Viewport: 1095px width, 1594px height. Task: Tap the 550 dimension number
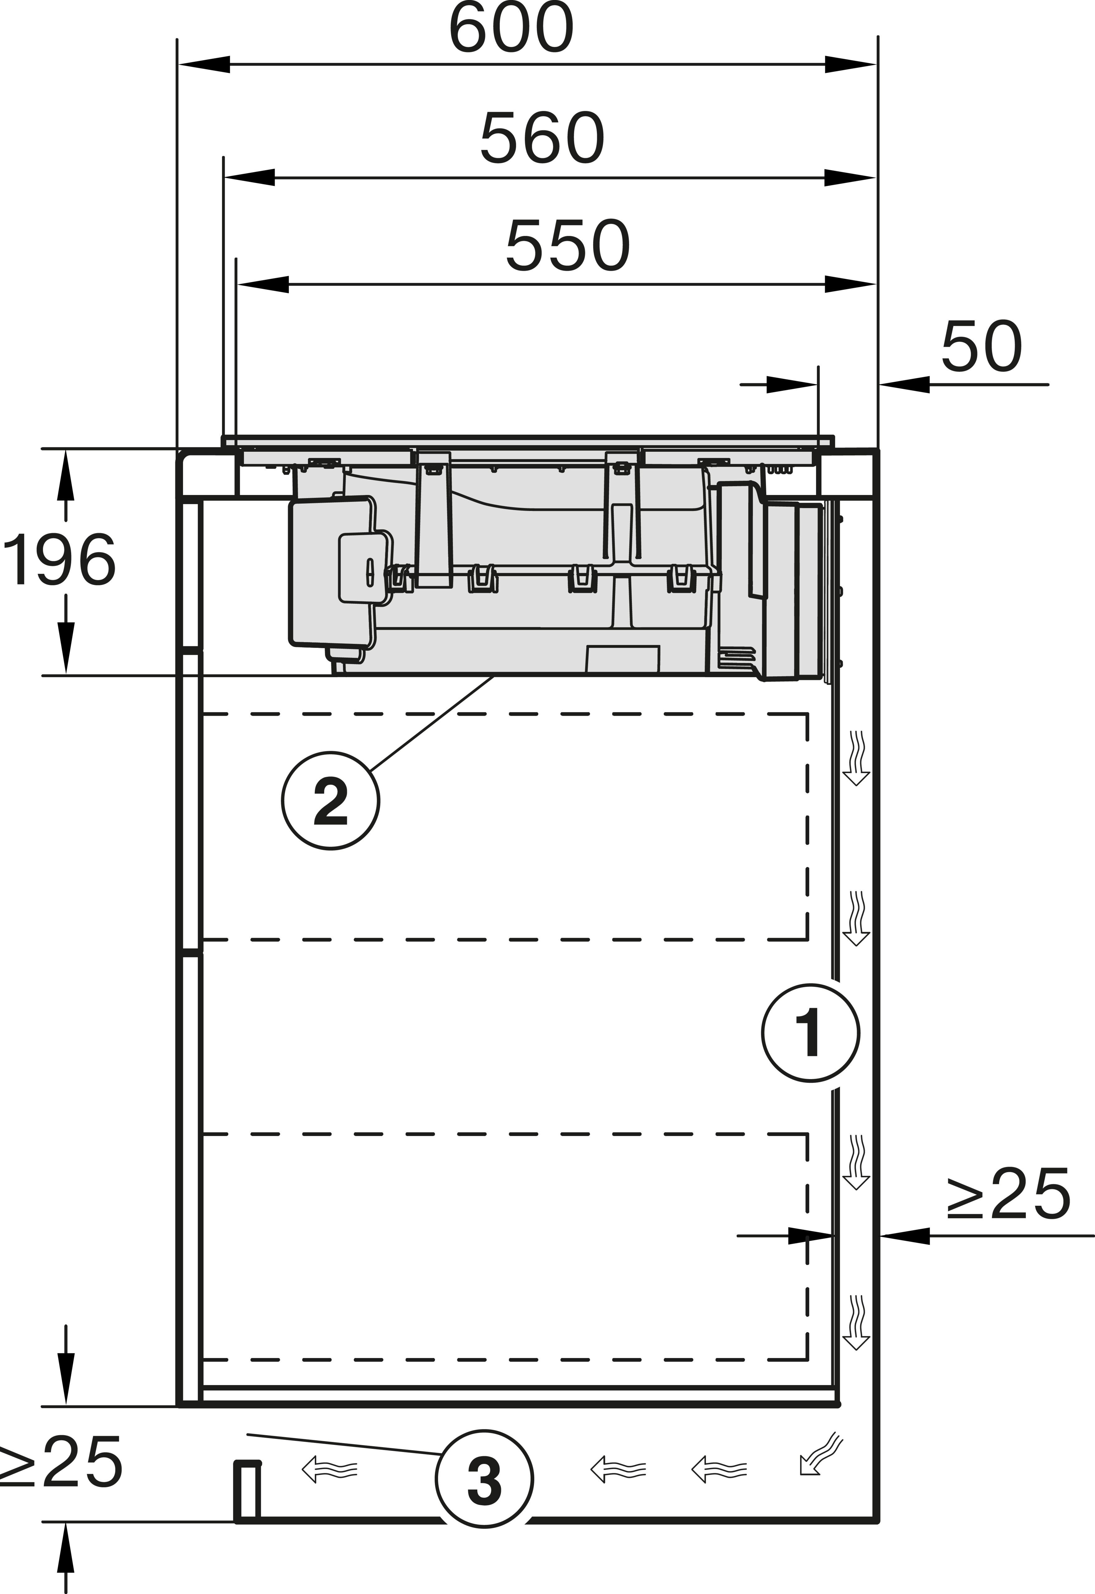coord(567,246)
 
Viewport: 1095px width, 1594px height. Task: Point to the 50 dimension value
coord(981,347)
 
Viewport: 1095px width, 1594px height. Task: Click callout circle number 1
coord(810,1033)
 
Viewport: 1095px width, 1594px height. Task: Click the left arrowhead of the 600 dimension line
coord(204,64)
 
